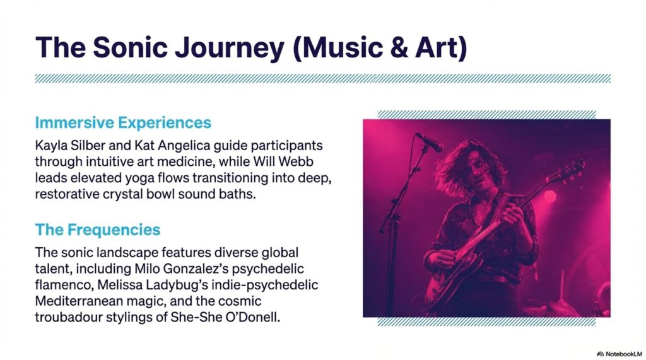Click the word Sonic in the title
pos(130,47)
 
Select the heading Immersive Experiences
pos(123,123)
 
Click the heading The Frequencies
pos(98,229)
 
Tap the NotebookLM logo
pos(620,354)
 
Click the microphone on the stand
pos(429,142)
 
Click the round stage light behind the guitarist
pos(549,196)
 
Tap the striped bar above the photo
pos(486,115)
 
